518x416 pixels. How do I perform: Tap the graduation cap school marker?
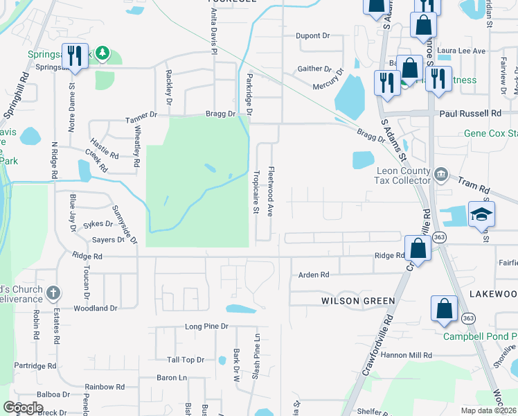[x=481, y=214]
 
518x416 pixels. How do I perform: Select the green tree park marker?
[x=102, y=53]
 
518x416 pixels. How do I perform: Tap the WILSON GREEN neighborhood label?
[x=357, y=301]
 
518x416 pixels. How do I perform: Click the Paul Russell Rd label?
[x=469, y=113]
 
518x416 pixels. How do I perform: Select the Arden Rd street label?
[x=313, y=275]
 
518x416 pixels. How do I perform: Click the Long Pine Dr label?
[x=206, y=326]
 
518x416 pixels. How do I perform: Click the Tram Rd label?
[x=474, y=186]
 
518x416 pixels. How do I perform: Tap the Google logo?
[x=23, y=408]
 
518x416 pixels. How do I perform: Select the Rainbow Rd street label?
[x=105, y=387]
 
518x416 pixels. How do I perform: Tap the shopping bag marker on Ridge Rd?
[x=417, y=247]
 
